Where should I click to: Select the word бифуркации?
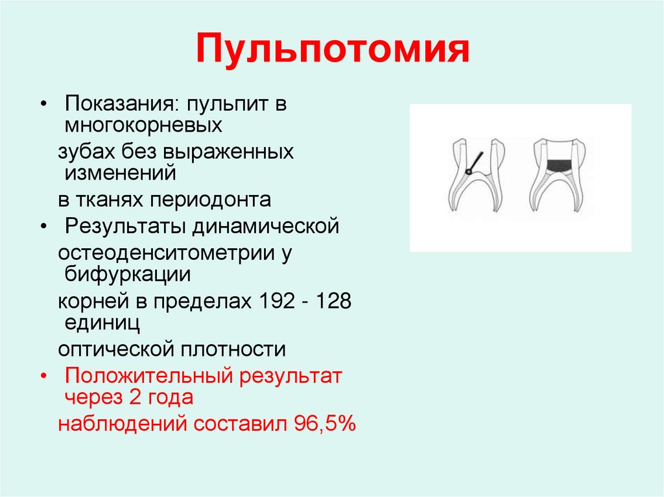click(x=127, y=273)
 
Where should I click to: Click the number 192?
click(x=278, y=302)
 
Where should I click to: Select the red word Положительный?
click(x=147, y=376)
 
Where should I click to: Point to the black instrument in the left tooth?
click(x=474, y=163)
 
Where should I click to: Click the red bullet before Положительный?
click(x=43, y=376)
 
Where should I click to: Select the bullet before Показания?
click(x=43, y=104)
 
